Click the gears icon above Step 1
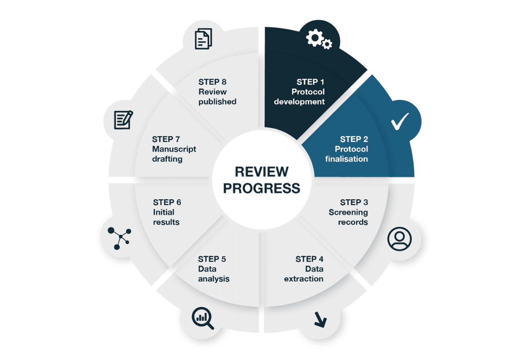(x=319, y=39)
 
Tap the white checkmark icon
(x=400, y=122)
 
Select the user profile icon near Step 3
(x=399, y=238)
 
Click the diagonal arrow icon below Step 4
(x=320, y=319)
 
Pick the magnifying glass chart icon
(x=203, y=318)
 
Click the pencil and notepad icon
(x=123, y=120)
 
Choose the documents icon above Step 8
(x=203, y=39)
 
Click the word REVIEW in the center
(x=262, y=172)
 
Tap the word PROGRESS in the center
(x=262, y=188)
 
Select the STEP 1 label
(x=311, y=82)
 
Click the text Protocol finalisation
(x=349, y=154)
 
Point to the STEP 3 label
(x=354, y=202)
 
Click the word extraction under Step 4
(x=303, y=279)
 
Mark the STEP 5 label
(x=212, y=259)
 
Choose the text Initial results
(x=166, y=217)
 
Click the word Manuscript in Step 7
(x=174, y=149)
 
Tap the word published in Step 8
(x=217, y=102)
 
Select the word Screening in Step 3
(x=348, y=212)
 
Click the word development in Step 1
(x=299, y=102)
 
